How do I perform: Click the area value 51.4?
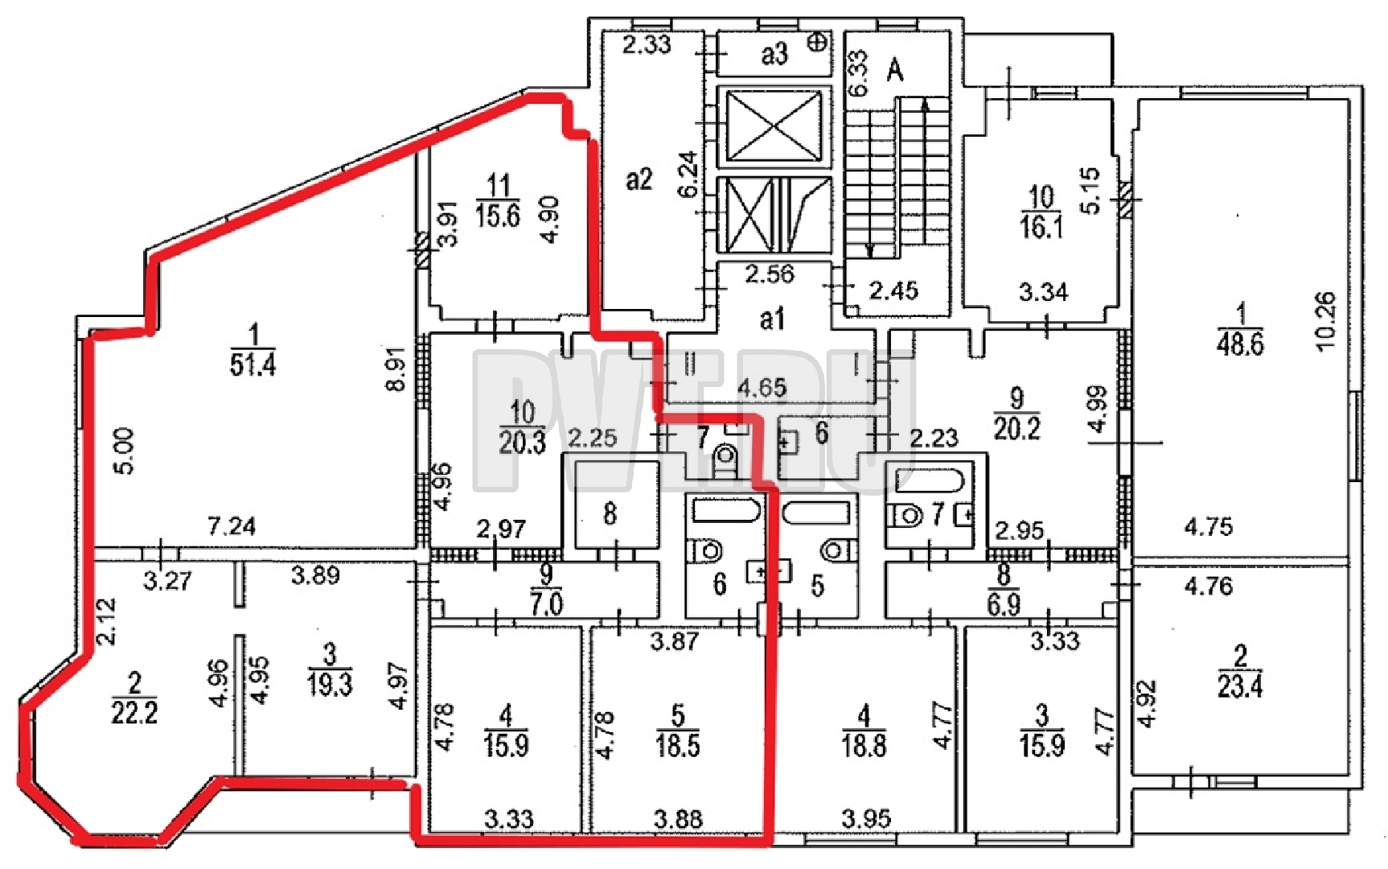tap(253, 364)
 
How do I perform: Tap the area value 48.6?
tap(1240, 344)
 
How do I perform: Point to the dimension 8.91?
tap(396, 374)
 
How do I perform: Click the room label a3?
tap(774, 54)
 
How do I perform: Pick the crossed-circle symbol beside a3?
tap(818, 42)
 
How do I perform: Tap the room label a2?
tap(639, 179)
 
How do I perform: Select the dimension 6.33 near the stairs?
tap(858, 73)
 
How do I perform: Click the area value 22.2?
tap(134, 713)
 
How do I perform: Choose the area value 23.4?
tap(1240, 686)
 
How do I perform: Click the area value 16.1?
tap(1041, 227)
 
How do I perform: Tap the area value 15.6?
tap(498, 216)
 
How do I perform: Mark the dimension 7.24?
tap(232, 526)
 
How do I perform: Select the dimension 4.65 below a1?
tap(762, 388)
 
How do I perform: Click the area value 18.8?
tap(864, 746)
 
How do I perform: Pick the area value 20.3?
tap(522, 443)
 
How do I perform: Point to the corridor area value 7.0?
tap(546, 603)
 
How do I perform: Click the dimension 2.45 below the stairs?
tap(893, 290)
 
